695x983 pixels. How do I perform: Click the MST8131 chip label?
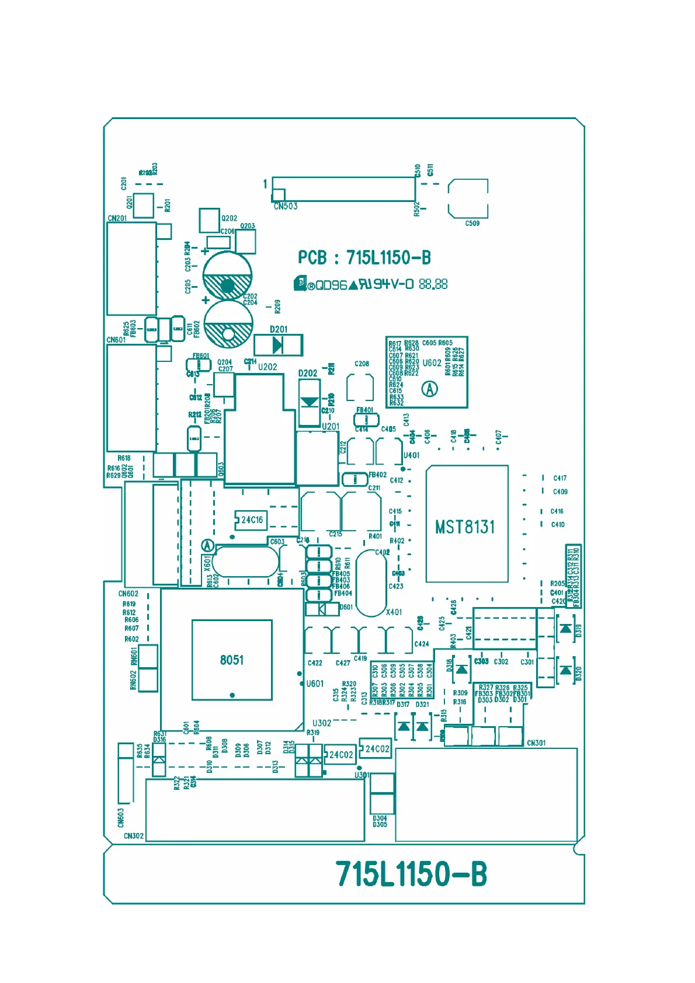click(x=465, y=527)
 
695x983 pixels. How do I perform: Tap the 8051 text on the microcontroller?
click(x=232, y=660)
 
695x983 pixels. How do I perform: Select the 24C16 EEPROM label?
click(x=252, y=520)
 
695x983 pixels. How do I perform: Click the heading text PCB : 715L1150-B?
click(x=364, y=257)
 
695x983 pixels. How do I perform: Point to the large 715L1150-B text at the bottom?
click(x=411, y=874)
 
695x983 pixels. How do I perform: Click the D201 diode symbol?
click(x=278, y=346)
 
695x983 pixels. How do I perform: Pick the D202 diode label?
click(x=308, y=373)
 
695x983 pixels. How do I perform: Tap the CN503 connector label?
click(x=286, y=206)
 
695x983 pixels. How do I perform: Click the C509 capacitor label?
click(x=472, y=223)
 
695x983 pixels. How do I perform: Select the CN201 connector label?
click(x=117, y=218)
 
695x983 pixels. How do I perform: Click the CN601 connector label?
click(x=116, y=340)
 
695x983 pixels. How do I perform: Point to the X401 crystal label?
click(x=394, y=612)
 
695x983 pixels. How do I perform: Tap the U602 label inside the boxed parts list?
click(x=432, y=362)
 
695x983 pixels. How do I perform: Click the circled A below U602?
click(x=430, y=389)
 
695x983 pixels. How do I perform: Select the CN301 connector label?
click(x=536, y=743)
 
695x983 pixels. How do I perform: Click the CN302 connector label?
click(x=133, y=836)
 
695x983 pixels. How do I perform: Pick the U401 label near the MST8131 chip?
click(x=411, y=455)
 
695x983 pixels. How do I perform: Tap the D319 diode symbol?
click(x=565, y=628)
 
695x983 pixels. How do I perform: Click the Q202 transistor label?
click(x=229, y=218)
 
